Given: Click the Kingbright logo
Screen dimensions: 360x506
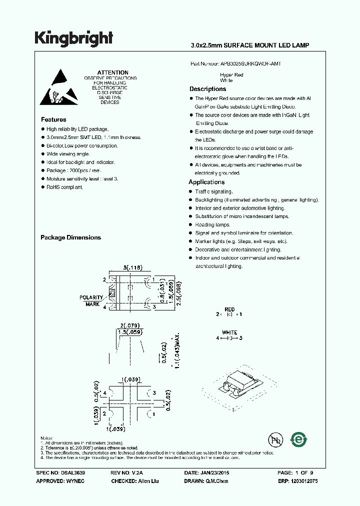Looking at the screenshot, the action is pos(74,38).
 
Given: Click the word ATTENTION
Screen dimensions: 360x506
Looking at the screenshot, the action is pos(112,72).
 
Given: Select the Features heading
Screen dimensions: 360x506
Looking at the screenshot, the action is pos(53,119).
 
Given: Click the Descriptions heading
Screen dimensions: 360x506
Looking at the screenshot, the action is pos(207,89).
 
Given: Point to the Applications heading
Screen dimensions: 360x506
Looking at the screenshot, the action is pos(206,182).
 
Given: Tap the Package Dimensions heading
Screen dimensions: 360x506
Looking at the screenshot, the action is pos(70,237).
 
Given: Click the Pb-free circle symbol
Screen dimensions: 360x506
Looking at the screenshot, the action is pos(274,440).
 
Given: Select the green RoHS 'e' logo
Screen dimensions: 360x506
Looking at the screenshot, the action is pos(299,440).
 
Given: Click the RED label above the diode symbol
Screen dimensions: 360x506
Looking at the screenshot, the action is pos(229,310).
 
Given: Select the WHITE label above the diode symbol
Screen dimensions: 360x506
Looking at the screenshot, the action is pos(229,332).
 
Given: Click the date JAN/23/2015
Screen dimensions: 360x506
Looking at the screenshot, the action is pos(214,472).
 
